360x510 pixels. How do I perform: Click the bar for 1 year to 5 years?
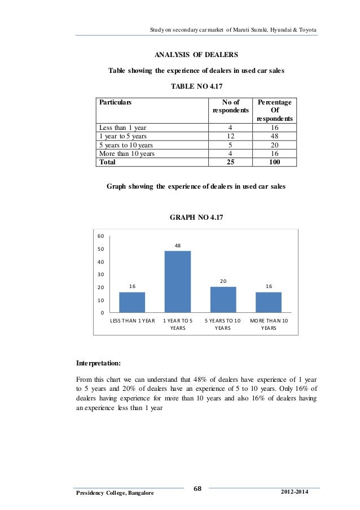click(x=177, y=281)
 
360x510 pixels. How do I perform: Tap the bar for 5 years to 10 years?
click(x=223, y=299)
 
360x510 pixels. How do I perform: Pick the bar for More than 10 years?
click(x=268, y=302)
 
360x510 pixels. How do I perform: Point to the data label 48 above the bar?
click(x=177, y=246)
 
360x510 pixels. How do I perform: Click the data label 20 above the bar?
click(x=223, y=281)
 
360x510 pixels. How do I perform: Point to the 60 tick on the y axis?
click(x=100, y=236)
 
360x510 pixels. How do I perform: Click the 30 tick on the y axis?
click(x=100, y=274)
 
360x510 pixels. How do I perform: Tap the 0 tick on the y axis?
click(x=102, y=313)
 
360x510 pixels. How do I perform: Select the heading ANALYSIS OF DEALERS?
click(x=196, y=55)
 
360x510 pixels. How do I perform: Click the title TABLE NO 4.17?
click(x=196, y=87)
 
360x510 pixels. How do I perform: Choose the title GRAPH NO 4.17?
click(x=196, y=217)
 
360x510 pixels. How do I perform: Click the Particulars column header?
click(x=115, y=103)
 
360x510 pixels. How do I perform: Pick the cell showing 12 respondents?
click(x=230, y=136)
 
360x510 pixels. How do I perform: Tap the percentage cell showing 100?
click(x=275, y=162)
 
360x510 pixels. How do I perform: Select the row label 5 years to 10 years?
click(x=123, y=145)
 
